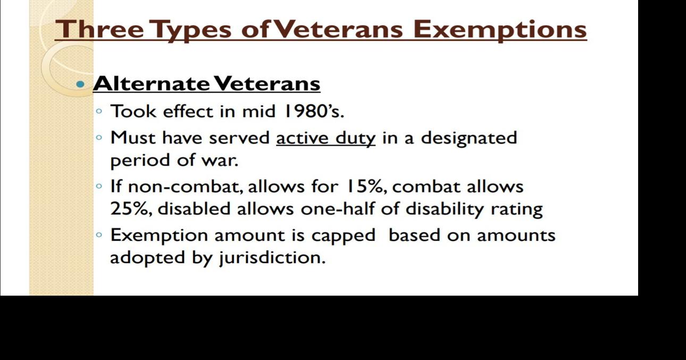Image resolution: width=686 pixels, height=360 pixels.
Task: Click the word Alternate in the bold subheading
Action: pos(152,83)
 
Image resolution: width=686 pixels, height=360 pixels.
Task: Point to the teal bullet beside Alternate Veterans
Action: pos(80,84)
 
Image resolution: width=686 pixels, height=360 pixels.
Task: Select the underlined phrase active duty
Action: pos(325,138)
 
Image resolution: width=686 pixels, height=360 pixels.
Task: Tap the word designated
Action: pos(469,138)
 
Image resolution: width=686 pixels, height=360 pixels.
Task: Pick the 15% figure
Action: pos(365,187)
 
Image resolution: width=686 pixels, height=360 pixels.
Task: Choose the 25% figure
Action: pos(131,208)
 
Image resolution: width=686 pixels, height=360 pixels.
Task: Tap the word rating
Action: pos(516,208)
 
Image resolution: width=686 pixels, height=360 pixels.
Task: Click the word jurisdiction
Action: pos(271,258)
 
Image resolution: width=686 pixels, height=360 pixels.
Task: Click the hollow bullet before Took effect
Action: pos(99,112)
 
